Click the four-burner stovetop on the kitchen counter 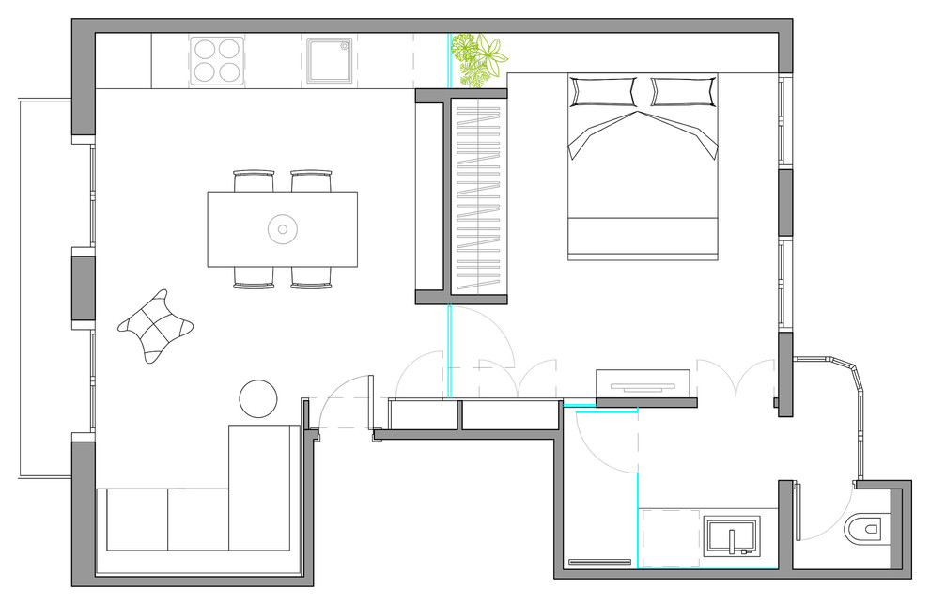(217, 61)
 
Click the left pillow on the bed (602, 92)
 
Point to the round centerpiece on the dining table (282, 228)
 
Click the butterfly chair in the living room (156, 325)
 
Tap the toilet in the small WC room (865, 532)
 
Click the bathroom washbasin (732, 539)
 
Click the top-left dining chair (254, 179)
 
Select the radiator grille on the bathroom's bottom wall (600, 562)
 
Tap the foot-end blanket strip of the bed (643, 239)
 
